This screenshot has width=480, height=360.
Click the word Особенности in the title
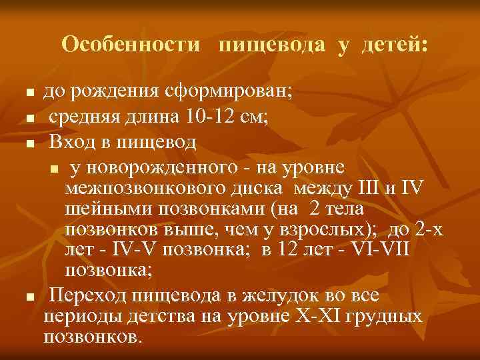click(x=131, y=45)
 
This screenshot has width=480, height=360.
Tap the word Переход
click(x=91, y=294)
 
